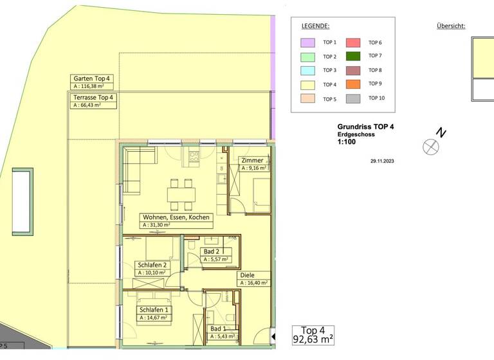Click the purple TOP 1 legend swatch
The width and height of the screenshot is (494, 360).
coord(308,42)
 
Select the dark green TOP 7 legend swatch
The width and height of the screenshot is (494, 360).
coord(354,57)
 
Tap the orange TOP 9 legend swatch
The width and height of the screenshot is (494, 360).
coord(354,84)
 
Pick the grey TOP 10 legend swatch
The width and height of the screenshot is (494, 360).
coord(354,98)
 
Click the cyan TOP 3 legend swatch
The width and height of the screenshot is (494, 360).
coord(308,71)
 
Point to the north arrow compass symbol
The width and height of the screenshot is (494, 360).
coord(430,146)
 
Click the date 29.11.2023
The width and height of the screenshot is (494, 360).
coord(382,161)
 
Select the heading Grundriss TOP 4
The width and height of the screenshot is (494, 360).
coord(365,127)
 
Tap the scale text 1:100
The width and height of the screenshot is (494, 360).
coord(346,144)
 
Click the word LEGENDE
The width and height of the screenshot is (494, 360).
coord(315,26)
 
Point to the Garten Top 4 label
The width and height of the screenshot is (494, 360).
coord(92,78)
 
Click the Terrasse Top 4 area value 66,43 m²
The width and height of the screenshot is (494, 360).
coord(89,105)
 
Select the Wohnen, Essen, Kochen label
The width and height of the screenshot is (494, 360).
coord(176,217)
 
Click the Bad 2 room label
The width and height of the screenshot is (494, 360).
coord(212,251)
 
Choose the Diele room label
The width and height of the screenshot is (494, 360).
coord(246,275)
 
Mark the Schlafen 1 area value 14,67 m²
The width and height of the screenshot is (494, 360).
coord(153,317)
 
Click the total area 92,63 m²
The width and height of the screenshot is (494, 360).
coord(313,339)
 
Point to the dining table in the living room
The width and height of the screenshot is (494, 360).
coord(180,192)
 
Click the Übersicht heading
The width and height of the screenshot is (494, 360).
coord(450,26)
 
